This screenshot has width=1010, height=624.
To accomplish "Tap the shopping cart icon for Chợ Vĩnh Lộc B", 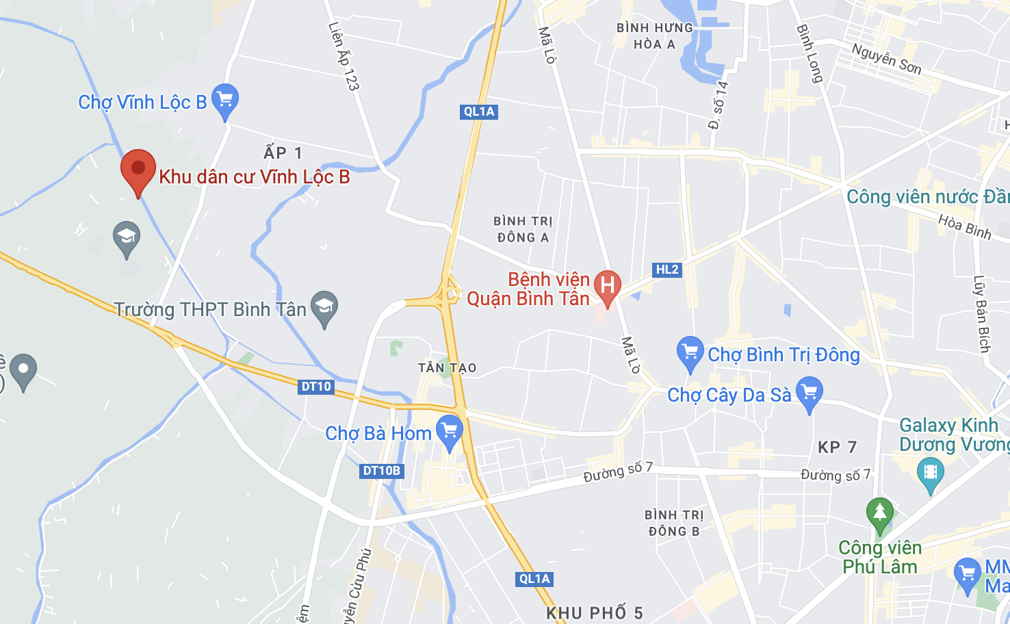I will [224, 100].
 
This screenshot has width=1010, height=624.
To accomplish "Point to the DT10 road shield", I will [316, 387].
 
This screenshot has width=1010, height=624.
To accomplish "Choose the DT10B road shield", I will [382, 471].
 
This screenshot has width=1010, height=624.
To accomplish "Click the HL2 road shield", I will [667, 270].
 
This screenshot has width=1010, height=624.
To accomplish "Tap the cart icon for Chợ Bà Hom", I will [450, 431].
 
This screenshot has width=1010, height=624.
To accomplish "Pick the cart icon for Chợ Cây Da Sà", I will [809, 393].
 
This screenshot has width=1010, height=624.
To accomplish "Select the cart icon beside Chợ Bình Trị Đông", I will [690, 352].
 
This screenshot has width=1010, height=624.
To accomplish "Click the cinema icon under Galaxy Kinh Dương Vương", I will [930, 473].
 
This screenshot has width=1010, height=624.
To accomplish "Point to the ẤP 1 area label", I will [283, 153].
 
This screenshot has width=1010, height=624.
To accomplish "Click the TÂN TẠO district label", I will [447, 368].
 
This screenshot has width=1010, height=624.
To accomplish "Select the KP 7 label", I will [837, 447].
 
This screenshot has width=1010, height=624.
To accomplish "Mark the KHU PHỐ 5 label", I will [594, 613].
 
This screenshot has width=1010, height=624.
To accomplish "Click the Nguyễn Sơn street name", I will [886, 58].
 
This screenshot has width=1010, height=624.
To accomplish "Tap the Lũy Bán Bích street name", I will [982, 314].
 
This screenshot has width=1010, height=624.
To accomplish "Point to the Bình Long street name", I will [810, 53].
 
